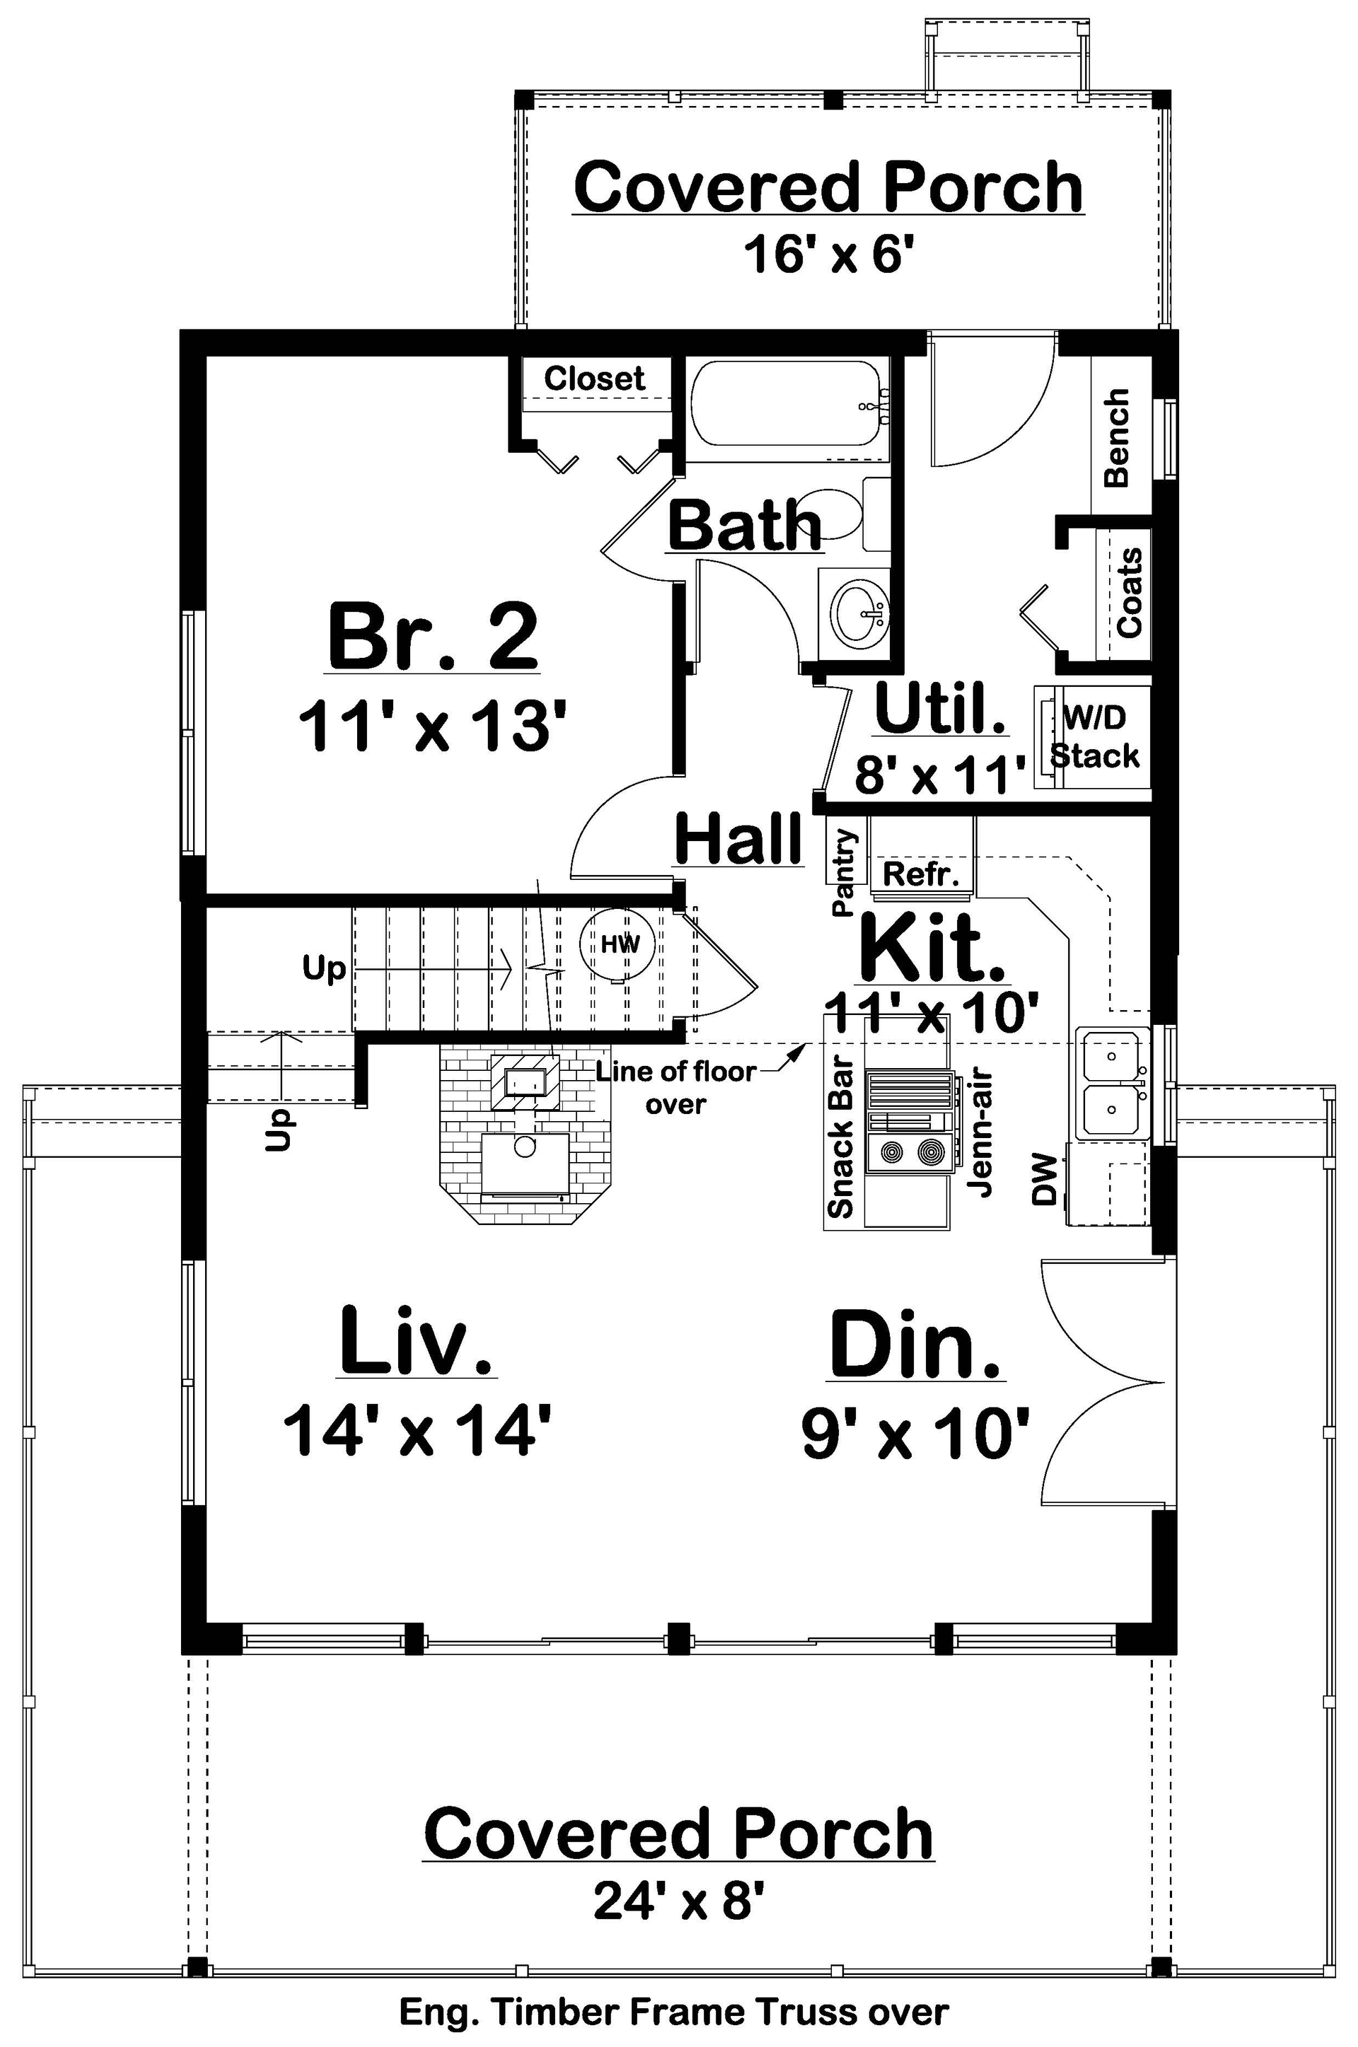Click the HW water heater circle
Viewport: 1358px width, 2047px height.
tap(620, 944)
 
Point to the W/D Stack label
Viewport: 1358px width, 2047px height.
tap(1095, 737)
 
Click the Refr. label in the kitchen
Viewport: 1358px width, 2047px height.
tap(922, 874)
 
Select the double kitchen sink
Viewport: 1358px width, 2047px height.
tap(1112, 1083)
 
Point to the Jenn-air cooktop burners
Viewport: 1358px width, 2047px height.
tap(911, 1152)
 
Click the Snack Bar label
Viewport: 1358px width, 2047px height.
tap(841, 1139)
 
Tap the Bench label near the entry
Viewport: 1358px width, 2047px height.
tap(1118, 437)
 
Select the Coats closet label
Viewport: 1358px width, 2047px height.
tap(1130, 593)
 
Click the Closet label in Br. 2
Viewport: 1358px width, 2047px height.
tap(594, 378)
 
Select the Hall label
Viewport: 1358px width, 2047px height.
tap(738, 839)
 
